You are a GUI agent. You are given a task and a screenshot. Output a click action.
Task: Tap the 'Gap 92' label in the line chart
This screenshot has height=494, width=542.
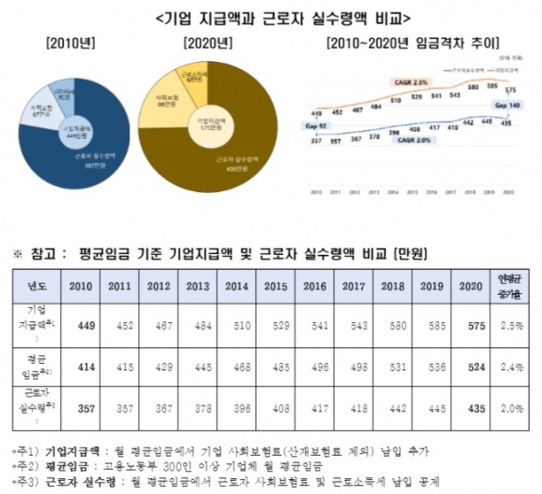[x=316, y=126]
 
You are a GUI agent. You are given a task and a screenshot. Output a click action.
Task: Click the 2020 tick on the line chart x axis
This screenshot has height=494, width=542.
[x=507, y=189]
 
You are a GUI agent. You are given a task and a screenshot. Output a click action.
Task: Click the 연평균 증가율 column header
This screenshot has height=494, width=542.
[x=511, y=285]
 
